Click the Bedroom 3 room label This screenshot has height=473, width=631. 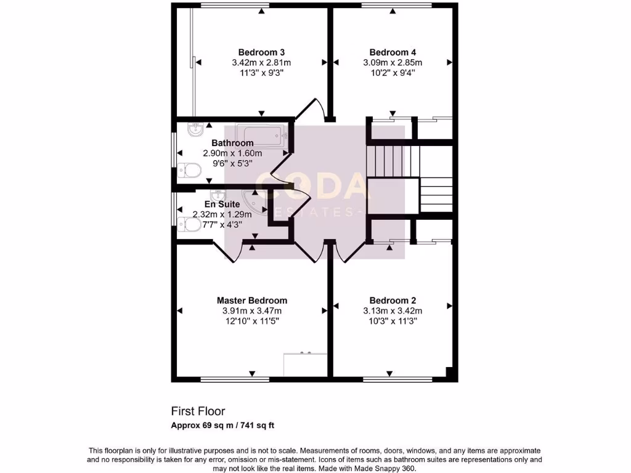click(x=261, y=52)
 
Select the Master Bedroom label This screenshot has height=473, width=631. click(x=251, y=301)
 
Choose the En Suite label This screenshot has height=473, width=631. click(x=222, y=204)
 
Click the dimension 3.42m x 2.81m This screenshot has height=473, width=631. click(x=261, y=63)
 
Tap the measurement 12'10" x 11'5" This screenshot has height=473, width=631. click(x=251, y=321)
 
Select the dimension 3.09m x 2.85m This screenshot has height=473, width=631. click(x=393, y=63)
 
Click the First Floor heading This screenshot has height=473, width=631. click(x=198, y=411)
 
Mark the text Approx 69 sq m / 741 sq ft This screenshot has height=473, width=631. click(x=227, y=425)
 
